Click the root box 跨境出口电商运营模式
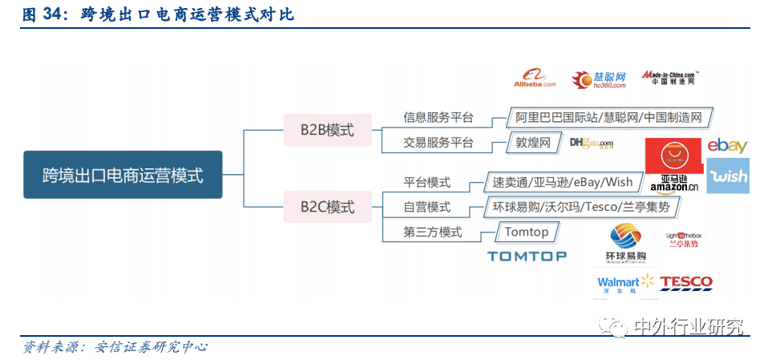pos(123,174)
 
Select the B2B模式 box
pos(327,129)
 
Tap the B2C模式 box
pos(327,207)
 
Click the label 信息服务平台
pos(438,118)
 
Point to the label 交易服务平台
pos(438,143)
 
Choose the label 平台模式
pos(426,182)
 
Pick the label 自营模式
pos(426,207)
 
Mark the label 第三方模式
pos(433,232)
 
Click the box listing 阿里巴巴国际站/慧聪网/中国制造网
pos(608,118)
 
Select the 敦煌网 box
pos(532,143)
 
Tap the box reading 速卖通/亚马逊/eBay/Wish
pos(562,182)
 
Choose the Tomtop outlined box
pos(526,232)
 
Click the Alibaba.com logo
pos(535,79)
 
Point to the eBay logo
pos(727,146)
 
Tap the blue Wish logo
pos(727,176)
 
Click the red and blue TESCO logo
pos(686,282)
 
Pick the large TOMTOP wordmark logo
pos(527,256)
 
